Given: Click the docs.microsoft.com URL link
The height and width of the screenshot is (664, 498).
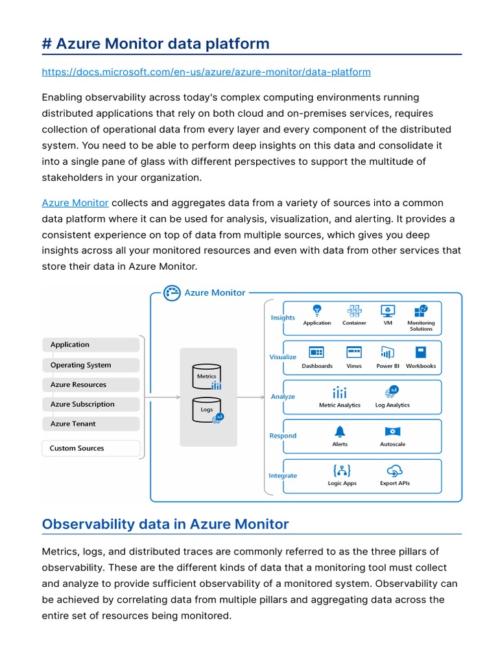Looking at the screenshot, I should pos(206,72).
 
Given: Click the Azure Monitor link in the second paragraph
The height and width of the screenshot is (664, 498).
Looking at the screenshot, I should pos(75,203).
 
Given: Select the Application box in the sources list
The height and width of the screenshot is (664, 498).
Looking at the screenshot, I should pos(91,345).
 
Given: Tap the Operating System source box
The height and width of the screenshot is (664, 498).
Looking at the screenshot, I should pos(91,365).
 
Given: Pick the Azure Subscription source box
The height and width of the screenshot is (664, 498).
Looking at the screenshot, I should pos(91,404).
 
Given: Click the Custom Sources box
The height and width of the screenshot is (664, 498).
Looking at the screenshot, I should pos(91,448).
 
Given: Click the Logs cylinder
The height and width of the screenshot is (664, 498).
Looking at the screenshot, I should pos(206,409).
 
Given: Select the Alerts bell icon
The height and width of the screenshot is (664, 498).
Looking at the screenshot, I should pos(340,431).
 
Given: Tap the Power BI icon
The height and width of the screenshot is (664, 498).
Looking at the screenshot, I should pos(388,353).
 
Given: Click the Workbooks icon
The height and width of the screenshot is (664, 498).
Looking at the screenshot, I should pos(421,353).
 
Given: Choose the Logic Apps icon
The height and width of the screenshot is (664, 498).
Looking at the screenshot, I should pos(342,471).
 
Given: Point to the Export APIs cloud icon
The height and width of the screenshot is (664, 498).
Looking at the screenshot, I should pos(394,471).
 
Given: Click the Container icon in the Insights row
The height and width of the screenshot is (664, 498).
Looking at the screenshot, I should pos(354,311).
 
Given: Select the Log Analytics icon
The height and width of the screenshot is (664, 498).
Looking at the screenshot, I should pos(392,392).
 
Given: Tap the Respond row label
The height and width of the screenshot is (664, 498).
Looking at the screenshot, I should pos(283,436).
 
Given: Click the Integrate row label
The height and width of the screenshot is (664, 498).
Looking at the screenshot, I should pos(283,475).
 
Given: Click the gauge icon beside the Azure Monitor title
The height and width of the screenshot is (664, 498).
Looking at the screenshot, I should pos(172,292).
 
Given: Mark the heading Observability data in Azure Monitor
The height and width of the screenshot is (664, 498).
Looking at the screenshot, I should pos(165,524).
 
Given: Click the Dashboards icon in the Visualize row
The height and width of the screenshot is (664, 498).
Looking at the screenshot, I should pos(316,353).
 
